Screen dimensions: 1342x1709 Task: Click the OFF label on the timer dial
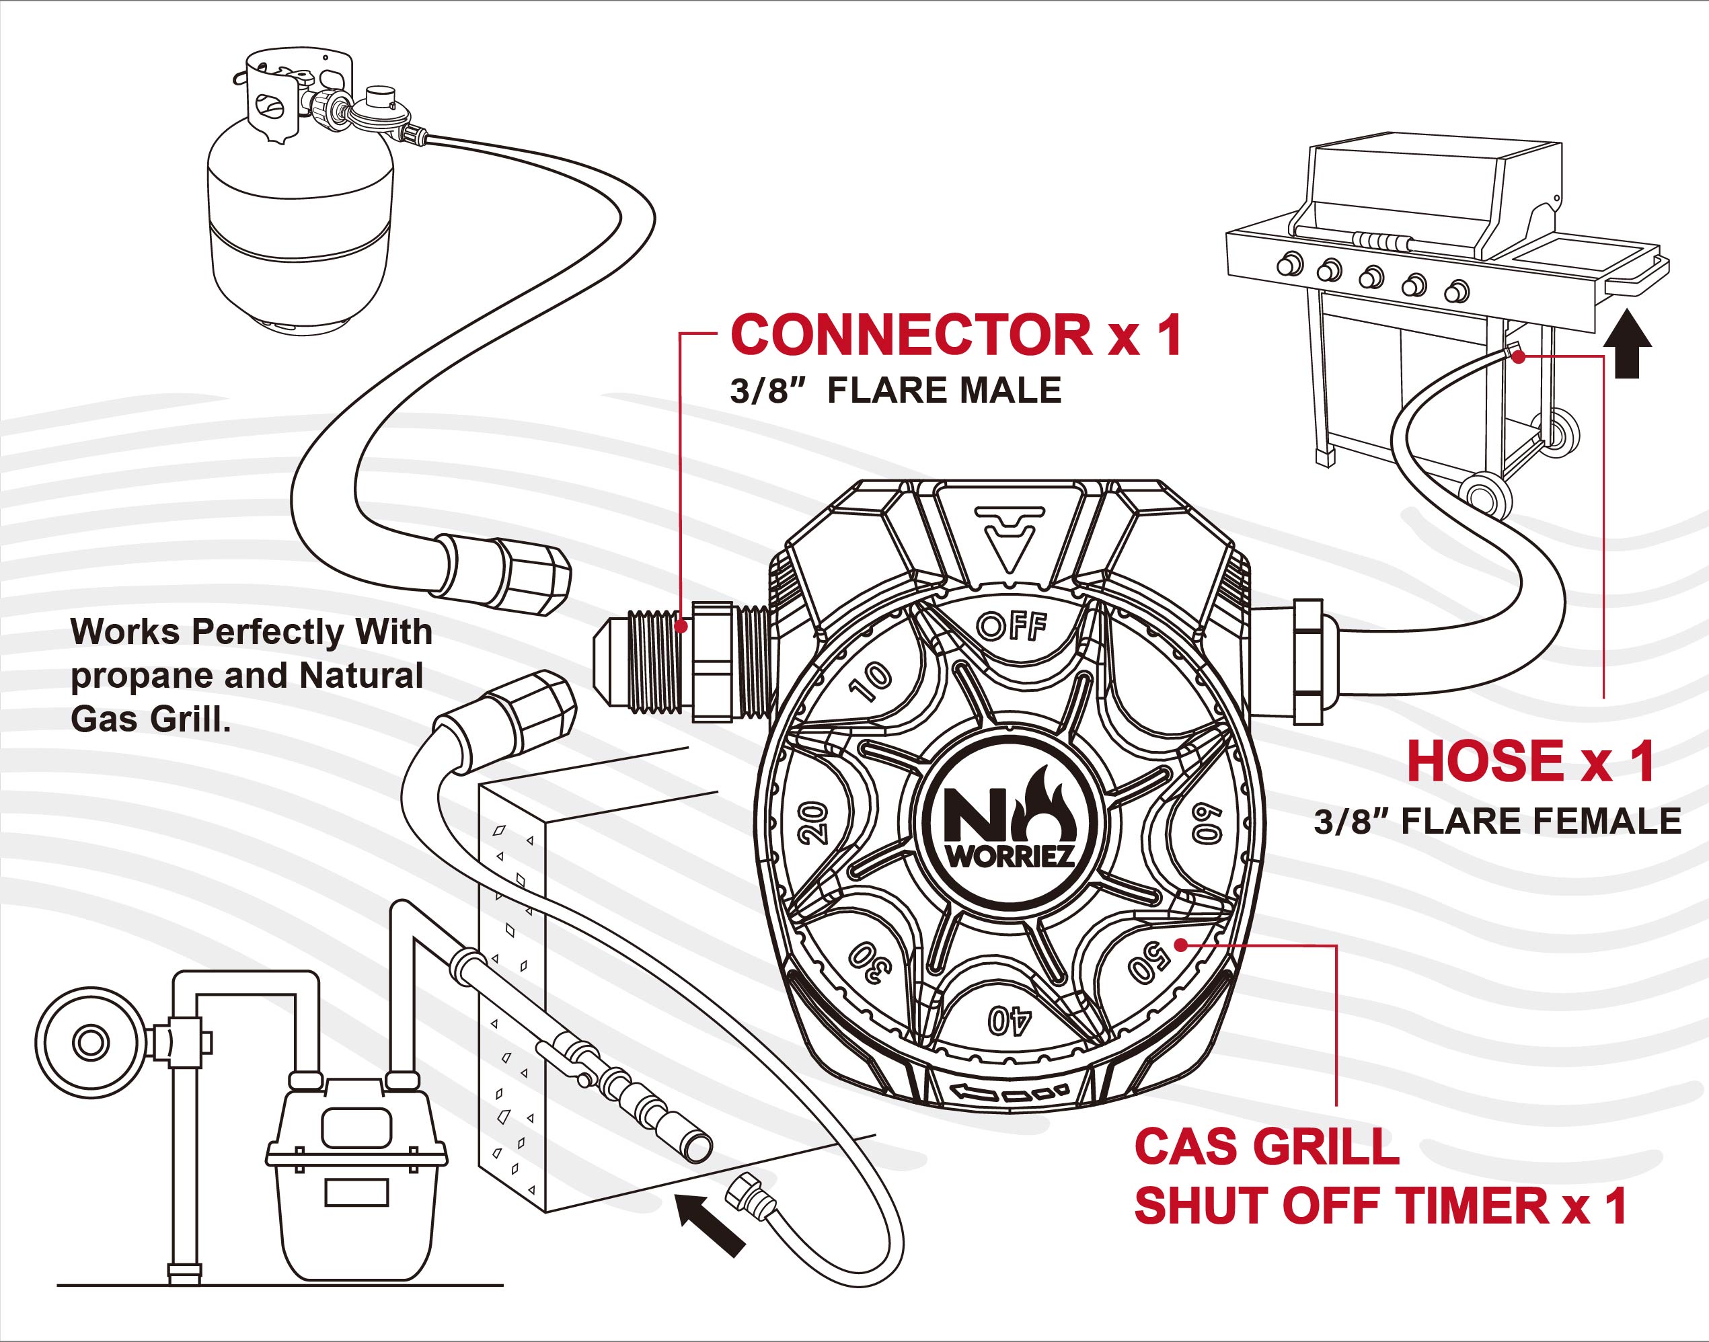tap(1012, 626)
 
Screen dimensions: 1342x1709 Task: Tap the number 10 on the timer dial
tap(871, 680)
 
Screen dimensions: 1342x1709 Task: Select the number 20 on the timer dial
tap(814, 823)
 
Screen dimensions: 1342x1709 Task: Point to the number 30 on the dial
tap(868, 961)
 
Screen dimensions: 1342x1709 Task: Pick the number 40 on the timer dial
tap(1010, 1021)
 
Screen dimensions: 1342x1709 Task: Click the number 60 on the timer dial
tap(1207, 823)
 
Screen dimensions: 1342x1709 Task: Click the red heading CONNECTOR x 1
tap(956, 335)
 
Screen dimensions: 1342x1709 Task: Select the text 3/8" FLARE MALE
tap(895, 391)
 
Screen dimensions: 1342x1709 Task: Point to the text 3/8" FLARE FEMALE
tap(1498, 821)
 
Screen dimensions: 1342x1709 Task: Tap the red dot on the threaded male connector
tap(681, 626)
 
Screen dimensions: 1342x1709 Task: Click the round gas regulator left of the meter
tap(90, 1043)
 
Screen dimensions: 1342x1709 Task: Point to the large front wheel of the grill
tap(1484, 496)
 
